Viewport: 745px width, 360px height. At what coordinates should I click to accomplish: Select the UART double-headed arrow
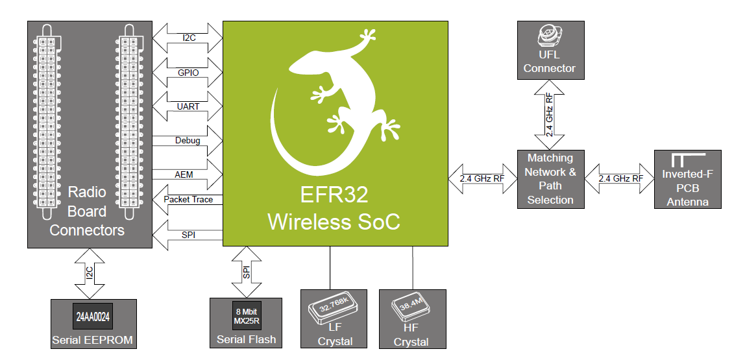188,106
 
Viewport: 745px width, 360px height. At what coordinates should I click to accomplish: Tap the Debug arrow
188,140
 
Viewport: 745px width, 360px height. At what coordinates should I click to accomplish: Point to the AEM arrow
188,174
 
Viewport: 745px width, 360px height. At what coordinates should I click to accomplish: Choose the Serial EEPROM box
93,324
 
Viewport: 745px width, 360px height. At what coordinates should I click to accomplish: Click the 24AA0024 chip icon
93,317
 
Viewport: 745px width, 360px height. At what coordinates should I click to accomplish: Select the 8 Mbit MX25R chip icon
246,317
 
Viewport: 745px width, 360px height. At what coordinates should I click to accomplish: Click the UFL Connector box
549,50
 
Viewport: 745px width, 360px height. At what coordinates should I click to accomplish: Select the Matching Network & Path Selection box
550,179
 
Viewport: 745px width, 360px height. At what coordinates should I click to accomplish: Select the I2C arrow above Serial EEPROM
88,273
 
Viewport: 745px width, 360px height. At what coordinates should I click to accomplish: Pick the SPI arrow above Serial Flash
246,272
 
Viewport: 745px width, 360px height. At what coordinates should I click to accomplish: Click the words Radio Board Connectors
87,211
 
